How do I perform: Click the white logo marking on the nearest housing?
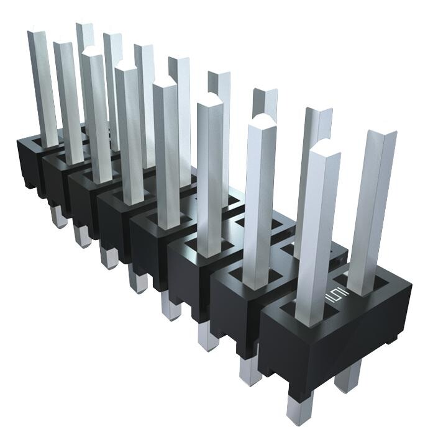point(338,296)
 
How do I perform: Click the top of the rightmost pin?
point(379,137)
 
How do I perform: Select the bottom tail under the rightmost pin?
point(347,376)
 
